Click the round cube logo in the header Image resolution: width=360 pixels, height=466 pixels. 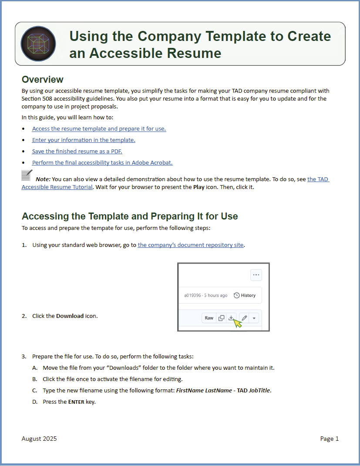tap(38, 44)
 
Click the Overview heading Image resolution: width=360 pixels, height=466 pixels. tap(43, 80)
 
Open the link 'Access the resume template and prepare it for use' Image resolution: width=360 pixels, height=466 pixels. tap(99, 129)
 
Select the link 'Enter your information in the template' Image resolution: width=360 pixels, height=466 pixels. tap(84, 140)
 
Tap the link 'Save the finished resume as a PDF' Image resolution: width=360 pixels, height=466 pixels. tap(77, 152)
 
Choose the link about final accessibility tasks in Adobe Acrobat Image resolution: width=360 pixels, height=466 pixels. tap(102, 163)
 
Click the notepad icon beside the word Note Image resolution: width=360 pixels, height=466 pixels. tap(27, 176)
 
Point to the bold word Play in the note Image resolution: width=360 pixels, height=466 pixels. tap(199, 187)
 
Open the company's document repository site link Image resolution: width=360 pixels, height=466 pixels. tap(191, 245)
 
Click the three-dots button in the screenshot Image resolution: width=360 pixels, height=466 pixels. tap(256, 275)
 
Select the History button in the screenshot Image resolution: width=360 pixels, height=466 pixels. tap(245, 295)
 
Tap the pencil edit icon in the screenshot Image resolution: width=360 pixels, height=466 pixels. tap(244, 318)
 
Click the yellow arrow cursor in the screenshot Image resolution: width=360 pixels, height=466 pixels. tap(237, 323)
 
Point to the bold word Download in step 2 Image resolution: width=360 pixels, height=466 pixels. tap(70, 316)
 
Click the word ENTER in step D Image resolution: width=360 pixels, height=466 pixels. tap(76, 402)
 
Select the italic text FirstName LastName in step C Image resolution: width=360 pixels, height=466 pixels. tap(204, 391)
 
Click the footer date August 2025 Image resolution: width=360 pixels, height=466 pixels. tap(39, 439)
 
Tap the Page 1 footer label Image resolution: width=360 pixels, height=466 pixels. tap(329, 439)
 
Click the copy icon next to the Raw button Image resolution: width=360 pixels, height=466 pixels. tap(221, 318)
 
